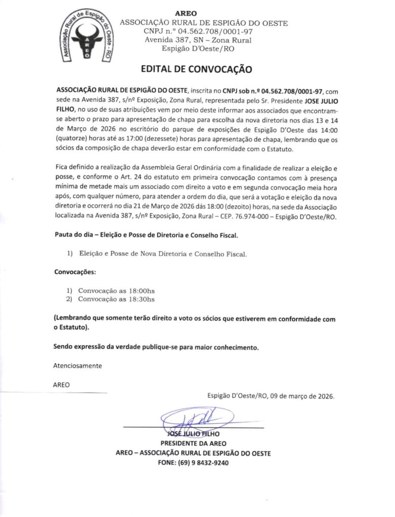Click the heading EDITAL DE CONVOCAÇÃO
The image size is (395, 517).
tap(196, 69)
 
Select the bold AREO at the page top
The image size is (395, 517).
tap(186, 13)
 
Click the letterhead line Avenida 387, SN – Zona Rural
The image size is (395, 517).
tap(198, 40)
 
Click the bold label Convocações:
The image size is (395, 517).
tap(74, 272)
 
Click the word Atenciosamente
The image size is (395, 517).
tap(77, 366)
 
